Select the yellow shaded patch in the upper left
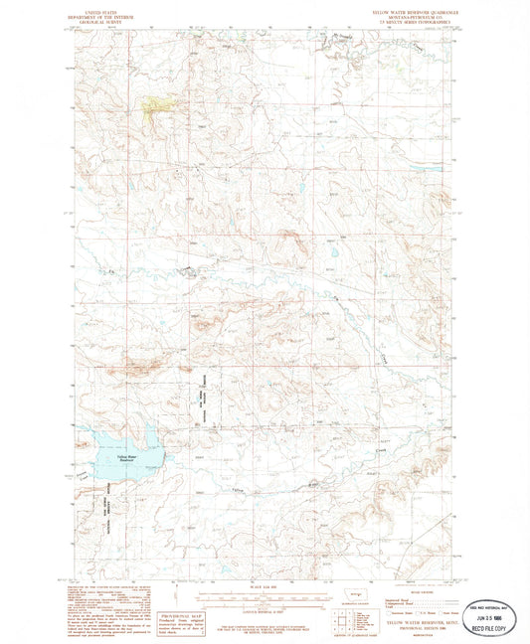point(157,103)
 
